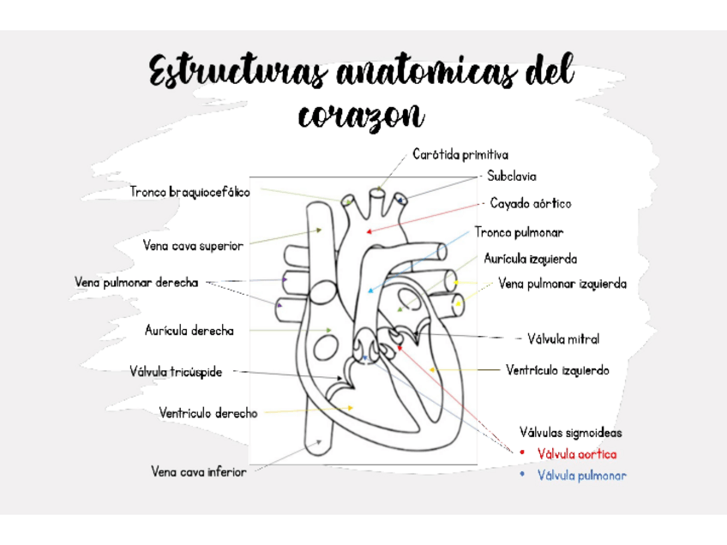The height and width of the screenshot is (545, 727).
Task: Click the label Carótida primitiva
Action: pyautogui.click(x=460, y=155)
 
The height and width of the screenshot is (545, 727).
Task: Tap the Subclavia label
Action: pyautogui.click(x=512, y=177)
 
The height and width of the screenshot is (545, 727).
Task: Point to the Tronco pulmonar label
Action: pyautogui.click(x=519, y=232)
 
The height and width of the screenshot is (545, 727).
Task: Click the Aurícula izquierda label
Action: pyautogui.click(x=530, y=259)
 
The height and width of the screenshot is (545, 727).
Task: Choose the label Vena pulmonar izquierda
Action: pyautogui.click(x=562, y=284)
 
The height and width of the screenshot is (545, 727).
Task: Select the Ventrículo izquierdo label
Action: pyautogui.click(x=557, y=370)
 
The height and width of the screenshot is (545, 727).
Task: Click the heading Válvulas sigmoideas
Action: pyautogui.click(x=570, y=433)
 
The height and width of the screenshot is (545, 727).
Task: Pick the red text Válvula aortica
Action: pyautogui.click(x=577, y=454)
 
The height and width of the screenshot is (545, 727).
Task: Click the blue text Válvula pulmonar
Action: pyautogui.click(x=581, y=475)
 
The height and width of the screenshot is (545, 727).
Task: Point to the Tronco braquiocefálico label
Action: pyautogui.click(x=190, y=192)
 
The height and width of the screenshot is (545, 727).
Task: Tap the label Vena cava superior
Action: pyautogui.click(x=193, y=245)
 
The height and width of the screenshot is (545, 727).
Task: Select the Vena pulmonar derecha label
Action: pyautogui.click(x=136, y=282)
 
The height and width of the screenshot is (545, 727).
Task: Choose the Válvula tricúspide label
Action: pyautogui.click(x=176, y=372)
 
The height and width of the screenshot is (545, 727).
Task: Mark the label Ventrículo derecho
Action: pyautogui.click(x=207, y=413)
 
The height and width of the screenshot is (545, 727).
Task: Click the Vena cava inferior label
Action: pyautogui.click(x=199, y=471)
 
